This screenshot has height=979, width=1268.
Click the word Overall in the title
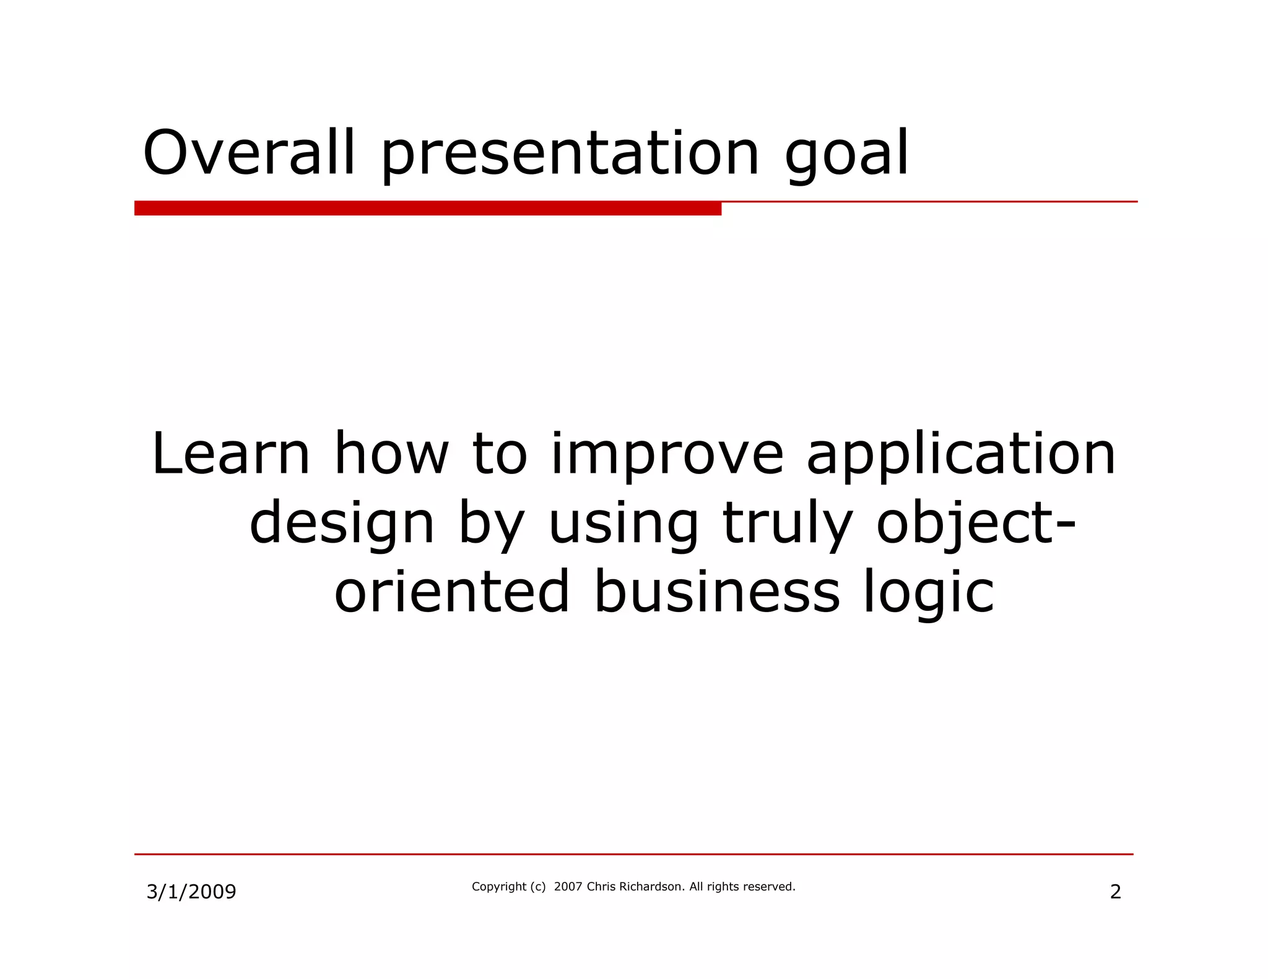[249, 152]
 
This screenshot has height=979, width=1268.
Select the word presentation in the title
[570, 155]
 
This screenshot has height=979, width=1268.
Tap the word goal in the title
[846, 155]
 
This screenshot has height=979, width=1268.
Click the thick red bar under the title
[427, 209]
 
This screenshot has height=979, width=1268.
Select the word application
[961, 456]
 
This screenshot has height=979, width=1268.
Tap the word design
[342, 525]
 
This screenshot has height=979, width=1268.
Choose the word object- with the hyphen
[976, 525]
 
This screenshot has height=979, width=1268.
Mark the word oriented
[451, 592]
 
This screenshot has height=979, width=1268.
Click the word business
[716, 592]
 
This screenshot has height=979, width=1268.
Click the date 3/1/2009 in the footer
[191, 892]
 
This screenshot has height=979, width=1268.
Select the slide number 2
[1115, 892]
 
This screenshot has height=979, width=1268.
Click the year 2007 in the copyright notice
[568, 886]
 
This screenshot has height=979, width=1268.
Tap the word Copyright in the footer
[499, 887]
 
